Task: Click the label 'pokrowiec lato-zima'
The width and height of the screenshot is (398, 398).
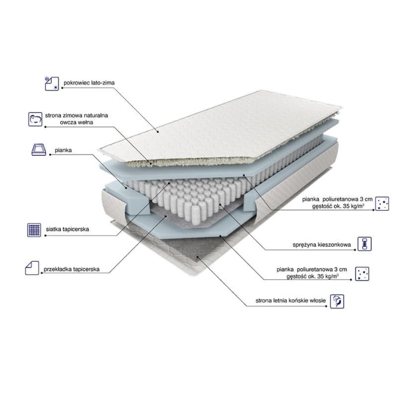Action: coord(89,83)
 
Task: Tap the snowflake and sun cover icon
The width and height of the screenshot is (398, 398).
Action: coord(52,84)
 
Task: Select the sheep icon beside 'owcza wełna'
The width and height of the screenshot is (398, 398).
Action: coord(35,119)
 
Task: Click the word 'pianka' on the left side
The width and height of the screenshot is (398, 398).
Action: coord(63,150)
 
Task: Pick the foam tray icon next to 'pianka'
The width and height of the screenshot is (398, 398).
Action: coord(39,150)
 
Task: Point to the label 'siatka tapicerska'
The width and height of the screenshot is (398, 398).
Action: coord(67,229)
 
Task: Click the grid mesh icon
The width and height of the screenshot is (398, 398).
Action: coord(34,230)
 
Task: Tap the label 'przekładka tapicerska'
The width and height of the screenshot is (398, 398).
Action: coord(71,269)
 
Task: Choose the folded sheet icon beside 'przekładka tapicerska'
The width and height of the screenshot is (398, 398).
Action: coord(32,268)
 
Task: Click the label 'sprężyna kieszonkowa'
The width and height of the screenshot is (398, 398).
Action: coord(321,245)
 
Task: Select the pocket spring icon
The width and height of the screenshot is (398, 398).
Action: coord(365,244)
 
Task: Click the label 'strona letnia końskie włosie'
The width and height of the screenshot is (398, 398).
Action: coord(291,300)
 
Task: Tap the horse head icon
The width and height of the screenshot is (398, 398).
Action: coord(337,301)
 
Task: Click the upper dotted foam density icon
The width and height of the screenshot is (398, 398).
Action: coord(382,203)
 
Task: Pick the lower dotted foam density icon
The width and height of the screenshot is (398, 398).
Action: coord(362,274)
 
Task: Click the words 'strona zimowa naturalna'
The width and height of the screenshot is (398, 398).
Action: coord(77,115)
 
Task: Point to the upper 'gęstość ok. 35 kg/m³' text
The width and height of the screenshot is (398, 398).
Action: coord(338,206)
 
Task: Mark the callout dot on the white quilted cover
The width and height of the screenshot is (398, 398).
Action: coord(158,132)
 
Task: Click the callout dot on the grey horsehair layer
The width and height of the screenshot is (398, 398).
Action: coord(198,257)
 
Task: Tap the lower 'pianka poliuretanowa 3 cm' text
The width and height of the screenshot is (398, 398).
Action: coord(312,269)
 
